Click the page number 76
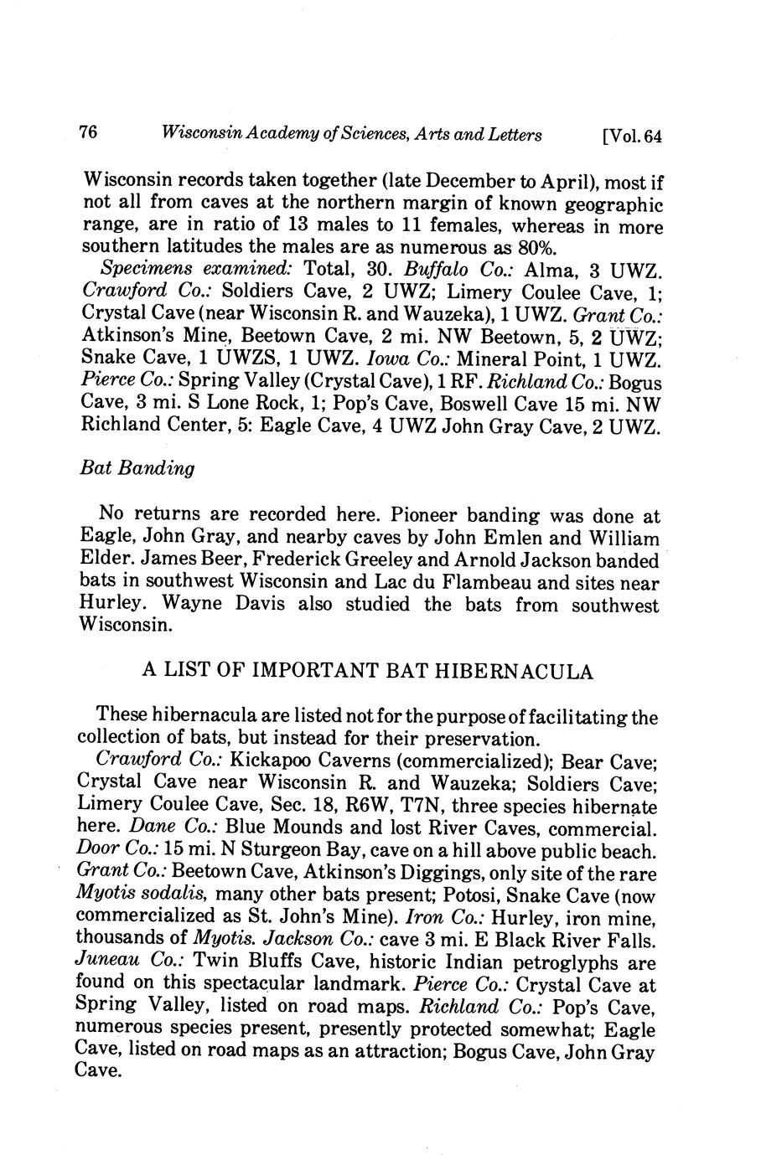pos(88,132)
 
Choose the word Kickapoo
pos(268,762)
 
